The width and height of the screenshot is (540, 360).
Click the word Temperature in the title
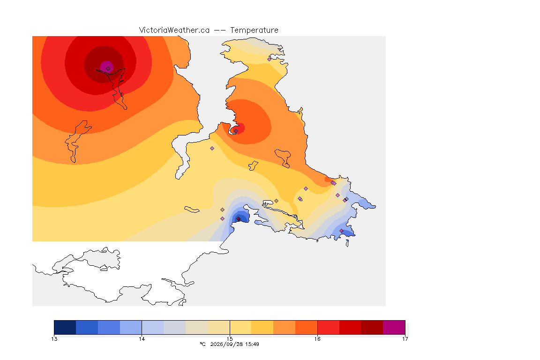tap(254, 30)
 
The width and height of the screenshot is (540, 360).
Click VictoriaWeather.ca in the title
tap(174, 30)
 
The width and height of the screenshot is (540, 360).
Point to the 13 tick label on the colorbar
tap(54, 339)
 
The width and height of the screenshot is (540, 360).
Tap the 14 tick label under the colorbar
tap(142, 339)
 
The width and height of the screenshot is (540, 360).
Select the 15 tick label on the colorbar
tap(230, 339)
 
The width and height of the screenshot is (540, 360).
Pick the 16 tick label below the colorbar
tap(317, 339)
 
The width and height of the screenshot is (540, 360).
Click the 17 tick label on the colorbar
tap(405, 339)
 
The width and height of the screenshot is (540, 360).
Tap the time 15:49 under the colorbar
tap(252, 344)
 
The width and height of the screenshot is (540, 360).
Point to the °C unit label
tap(203, 344)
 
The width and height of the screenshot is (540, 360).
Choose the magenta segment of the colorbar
tap(394, 327)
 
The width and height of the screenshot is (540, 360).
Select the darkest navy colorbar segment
tap(65, 327)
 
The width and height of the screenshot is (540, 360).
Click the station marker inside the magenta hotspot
tap(108, 69)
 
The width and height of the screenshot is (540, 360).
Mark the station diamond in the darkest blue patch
tap(238, 219)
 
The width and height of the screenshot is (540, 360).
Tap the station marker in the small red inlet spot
tap(236, 131)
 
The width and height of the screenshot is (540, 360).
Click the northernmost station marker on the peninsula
tap(270, 59)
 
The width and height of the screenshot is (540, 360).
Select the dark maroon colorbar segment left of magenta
tap(372, 327)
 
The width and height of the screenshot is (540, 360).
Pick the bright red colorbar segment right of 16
tap(328, 327)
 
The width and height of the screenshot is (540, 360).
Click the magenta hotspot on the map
tap(106, 67)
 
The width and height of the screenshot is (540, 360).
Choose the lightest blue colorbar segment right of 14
tap(153, 327)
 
